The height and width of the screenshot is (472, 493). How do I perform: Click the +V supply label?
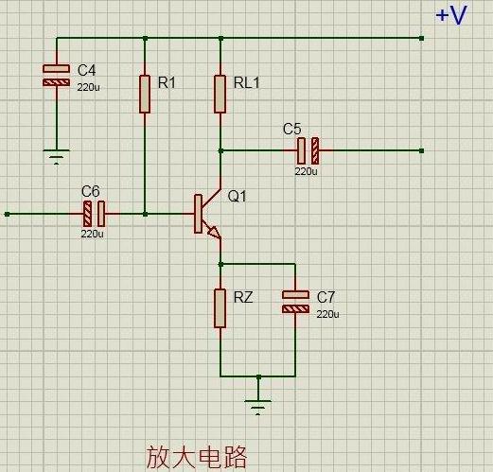[x=450, y=16]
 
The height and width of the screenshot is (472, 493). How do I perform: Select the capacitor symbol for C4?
[x=57, y=76]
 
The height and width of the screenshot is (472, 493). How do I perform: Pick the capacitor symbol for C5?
[x=308, y=149]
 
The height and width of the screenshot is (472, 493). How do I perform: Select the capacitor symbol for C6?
[x=94, y=214]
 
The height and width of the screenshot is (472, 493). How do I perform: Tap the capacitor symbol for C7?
[x=295, y=302]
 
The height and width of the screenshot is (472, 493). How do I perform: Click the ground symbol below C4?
[x=57, y=156]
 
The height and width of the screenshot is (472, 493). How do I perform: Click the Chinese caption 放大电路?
[x=196, y=457]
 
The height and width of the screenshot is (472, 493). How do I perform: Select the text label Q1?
[x=237, y=197]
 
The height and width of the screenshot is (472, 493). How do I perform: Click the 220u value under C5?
[x=306, y=172]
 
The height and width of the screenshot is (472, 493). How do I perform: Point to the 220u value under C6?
[x=92, y=234]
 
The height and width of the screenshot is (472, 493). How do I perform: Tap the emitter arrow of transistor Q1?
[x=214, y=232]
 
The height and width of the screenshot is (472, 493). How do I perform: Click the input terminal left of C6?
[x=8, y=214]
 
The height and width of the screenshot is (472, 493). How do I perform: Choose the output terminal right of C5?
[x=420, y=149]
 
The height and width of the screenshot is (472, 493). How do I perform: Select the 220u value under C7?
[x=327, y=314]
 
